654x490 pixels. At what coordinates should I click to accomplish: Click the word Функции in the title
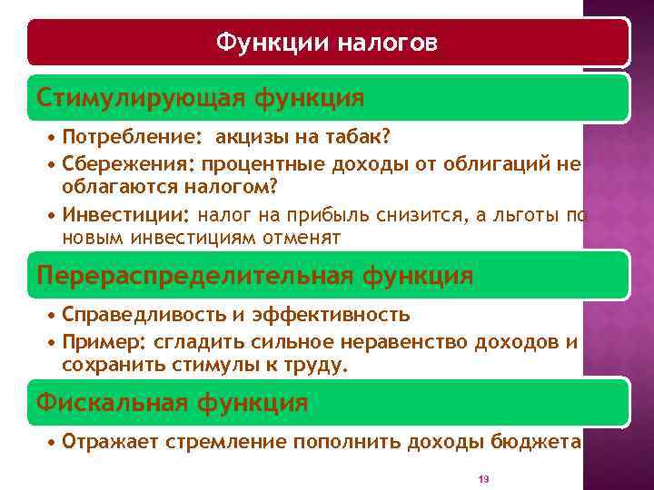(x=272, y=43)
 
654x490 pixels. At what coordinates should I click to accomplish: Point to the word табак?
(x=361, y=137)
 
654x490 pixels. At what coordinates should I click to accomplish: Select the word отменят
(x=302, y=238)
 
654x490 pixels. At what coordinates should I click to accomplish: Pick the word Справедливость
(x=141, y=315)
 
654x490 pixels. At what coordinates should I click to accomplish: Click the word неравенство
(x=409, y=341)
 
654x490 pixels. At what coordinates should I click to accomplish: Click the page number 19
(x=483, y=478)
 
